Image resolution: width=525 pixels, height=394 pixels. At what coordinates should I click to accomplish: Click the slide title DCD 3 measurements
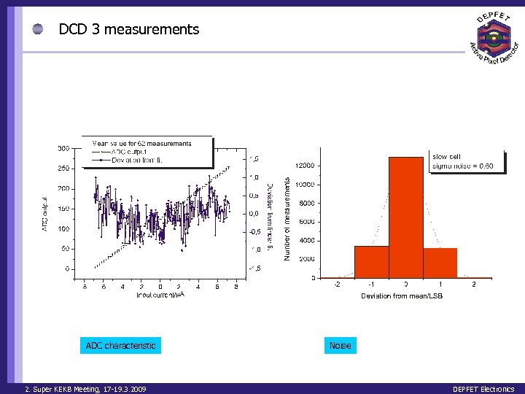click(128, 29)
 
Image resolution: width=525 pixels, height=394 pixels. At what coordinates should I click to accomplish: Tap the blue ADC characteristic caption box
click(120, 345)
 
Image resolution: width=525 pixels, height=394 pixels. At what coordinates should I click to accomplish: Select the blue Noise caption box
click(340, 345)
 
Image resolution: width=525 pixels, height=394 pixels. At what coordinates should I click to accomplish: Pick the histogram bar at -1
click(372, 261)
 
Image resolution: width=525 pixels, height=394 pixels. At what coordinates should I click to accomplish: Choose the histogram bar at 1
click(440, 263)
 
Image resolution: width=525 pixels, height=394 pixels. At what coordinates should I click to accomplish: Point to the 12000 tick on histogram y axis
click(305, 166)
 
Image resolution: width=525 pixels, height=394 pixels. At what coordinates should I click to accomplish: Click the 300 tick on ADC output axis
click(63, 148)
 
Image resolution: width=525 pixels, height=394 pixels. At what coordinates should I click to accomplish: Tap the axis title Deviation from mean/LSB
click(402, 296)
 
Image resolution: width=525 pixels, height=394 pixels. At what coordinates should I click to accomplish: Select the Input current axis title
click(160, 295)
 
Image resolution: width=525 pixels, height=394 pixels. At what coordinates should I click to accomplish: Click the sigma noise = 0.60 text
click(463, 166)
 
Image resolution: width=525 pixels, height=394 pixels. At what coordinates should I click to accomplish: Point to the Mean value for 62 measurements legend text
click(141, 143)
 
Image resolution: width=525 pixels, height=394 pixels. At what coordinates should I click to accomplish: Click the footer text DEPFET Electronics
click(483, 389)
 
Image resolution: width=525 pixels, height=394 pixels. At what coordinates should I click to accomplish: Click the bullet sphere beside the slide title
click(38, 29)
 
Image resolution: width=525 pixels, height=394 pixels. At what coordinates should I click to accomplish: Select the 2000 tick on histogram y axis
click(307, 259)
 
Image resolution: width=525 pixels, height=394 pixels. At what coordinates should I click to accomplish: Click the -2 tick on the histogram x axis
click(337, 285)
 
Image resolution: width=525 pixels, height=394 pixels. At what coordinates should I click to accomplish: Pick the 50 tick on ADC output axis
click(66, 249)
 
